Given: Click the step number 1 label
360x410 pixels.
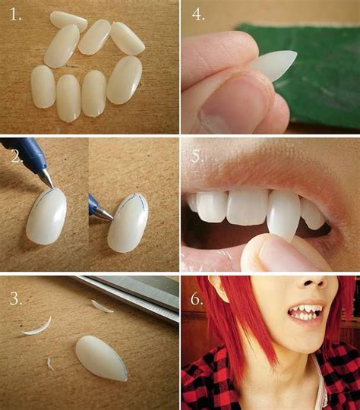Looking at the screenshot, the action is coord(16,14).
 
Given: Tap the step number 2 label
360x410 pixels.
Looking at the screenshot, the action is coord(17,157).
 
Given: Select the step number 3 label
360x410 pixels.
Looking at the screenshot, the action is coord(16,298).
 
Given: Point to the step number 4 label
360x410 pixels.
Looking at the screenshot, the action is coord(198,14).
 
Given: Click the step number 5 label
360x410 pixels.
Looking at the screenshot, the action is coord(197,156).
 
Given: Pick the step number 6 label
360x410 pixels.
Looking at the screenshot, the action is coord(197,298).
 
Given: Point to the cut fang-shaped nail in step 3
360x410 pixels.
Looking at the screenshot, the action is coord(102,358).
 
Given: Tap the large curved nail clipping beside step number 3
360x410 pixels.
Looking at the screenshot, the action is coord(38,327).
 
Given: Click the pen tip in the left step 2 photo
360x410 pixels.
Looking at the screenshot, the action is coord(48,178).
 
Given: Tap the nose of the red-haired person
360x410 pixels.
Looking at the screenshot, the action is coord(314,283).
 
